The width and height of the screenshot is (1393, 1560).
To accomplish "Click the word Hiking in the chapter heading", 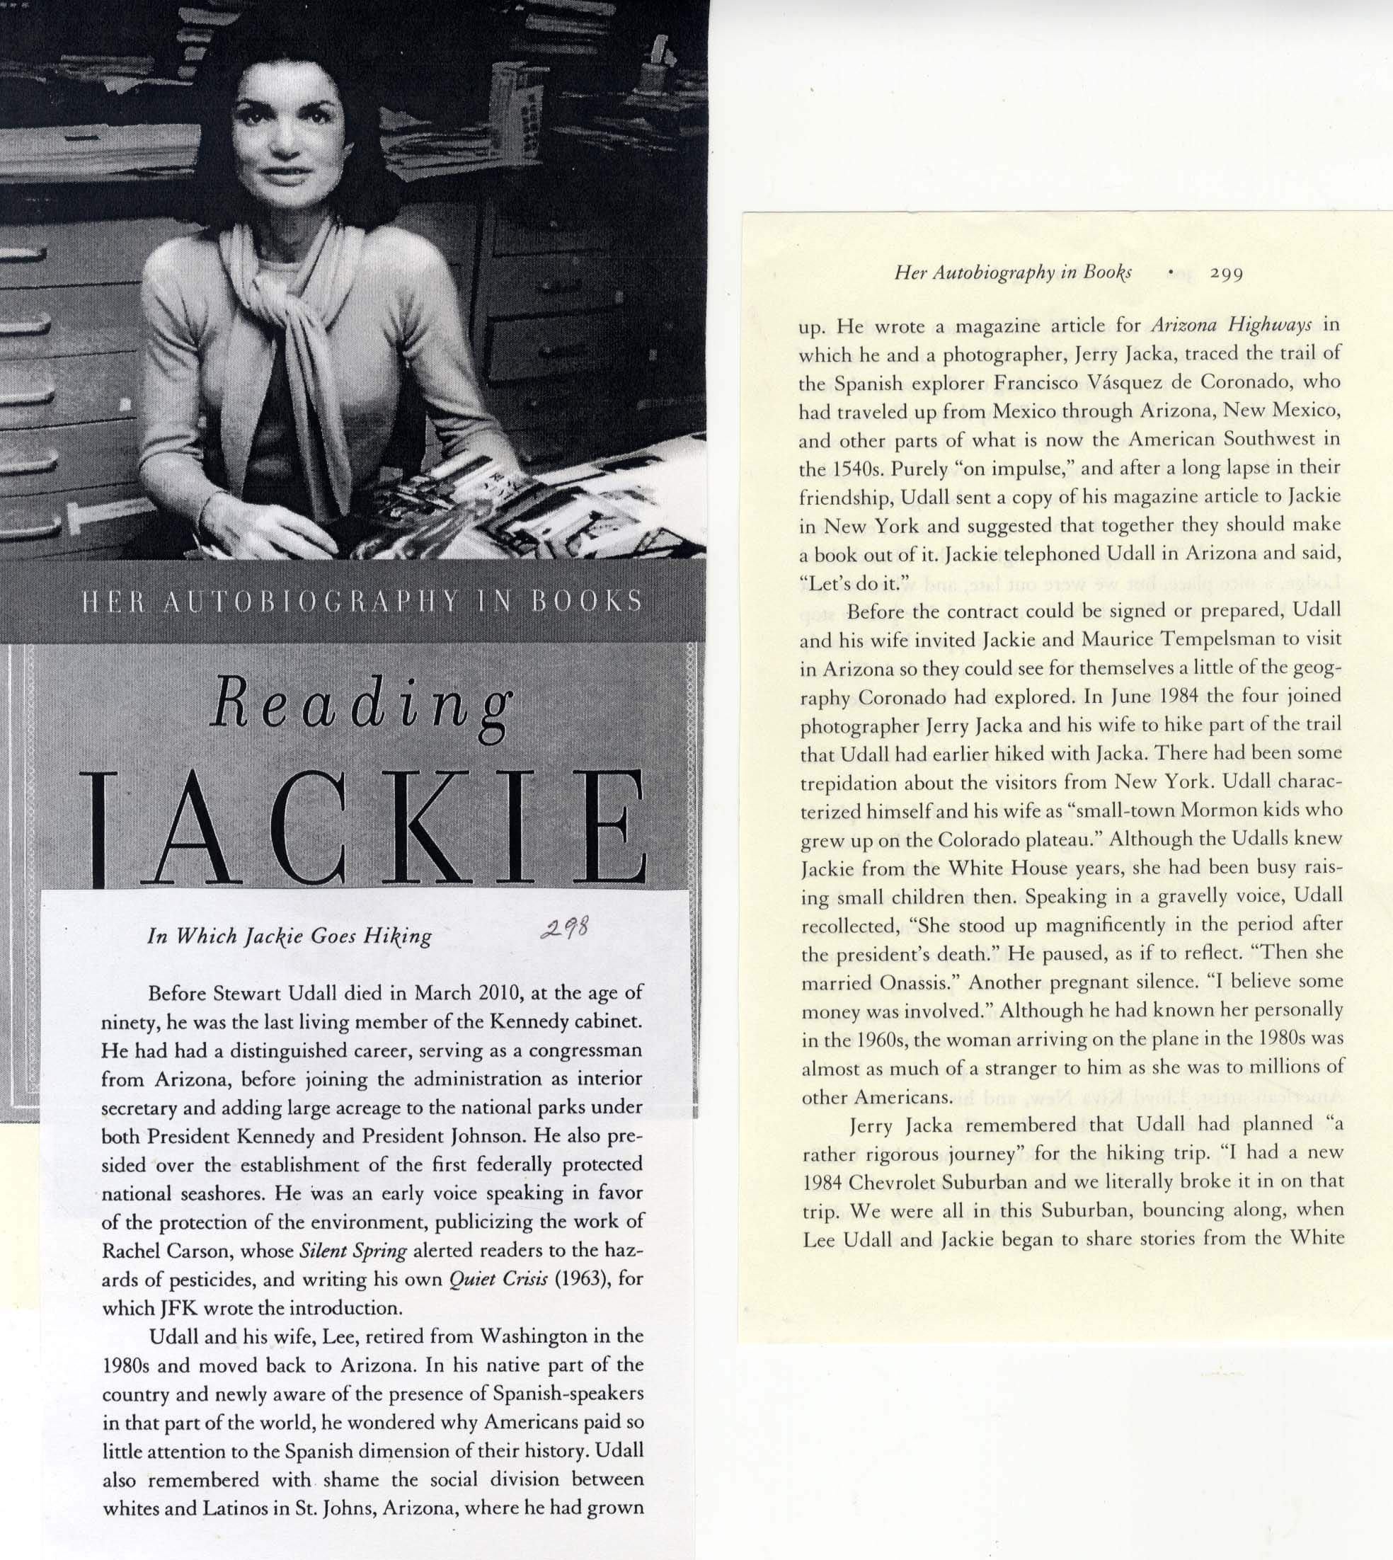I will (x=398, y=936).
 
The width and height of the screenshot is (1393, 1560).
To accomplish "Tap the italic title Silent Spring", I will (x=352, y=1251).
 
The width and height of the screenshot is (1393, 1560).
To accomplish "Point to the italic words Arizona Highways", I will (x=1232, y=325).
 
